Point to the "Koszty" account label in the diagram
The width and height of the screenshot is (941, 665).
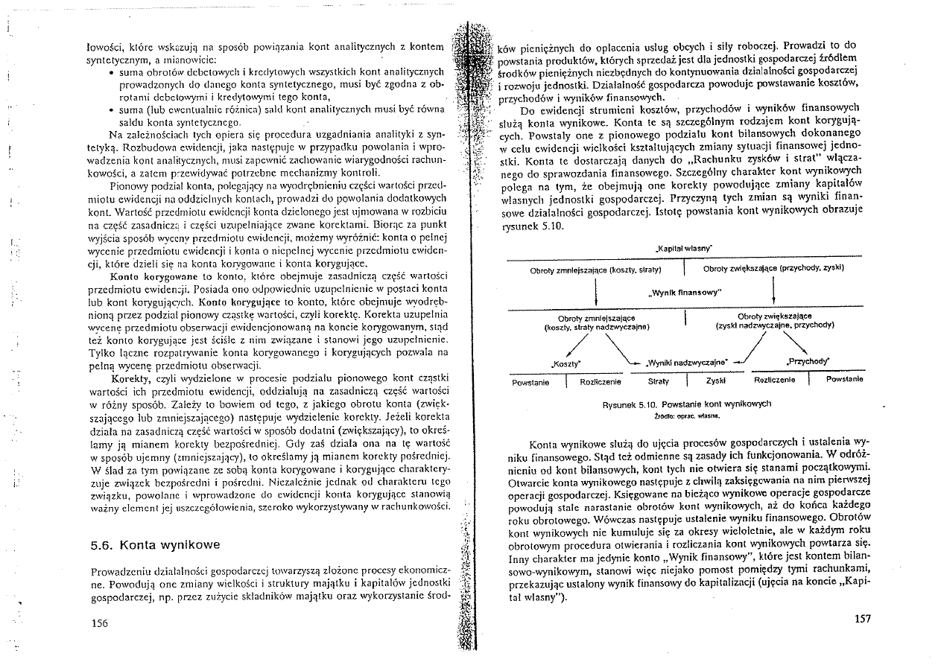[x=566, y=364]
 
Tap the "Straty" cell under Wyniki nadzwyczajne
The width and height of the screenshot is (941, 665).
[x=659, y=380]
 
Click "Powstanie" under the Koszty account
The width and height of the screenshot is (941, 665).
[x=530, y=381]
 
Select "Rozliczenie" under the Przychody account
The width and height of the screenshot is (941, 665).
[x=776, y=380]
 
